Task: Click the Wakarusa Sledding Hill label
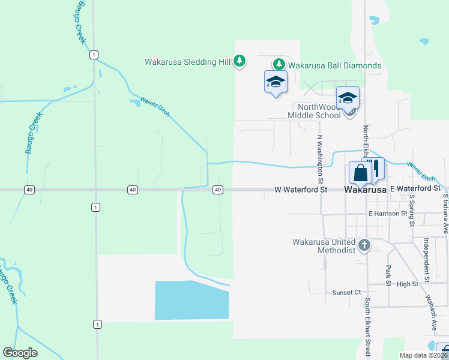tap(188, 61)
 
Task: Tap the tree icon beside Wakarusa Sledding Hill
tap(240, 61)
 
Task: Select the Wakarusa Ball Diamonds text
tap(334, 65)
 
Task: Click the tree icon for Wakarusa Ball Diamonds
tap(279, 64)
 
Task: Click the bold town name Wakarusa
tap(365, 190)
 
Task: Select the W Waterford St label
tap(301, 190)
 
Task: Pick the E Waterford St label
tap(415, 188)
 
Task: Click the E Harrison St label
tap(388, 213)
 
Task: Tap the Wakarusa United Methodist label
tap(324, 245)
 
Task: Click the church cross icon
tap(364, 245)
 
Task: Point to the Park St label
tap(388, 273)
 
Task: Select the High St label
tap(407, 284)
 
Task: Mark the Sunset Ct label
tap(346, 292)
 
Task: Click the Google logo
tap(20, 353)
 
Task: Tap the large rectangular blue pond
tap(192, 300)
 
